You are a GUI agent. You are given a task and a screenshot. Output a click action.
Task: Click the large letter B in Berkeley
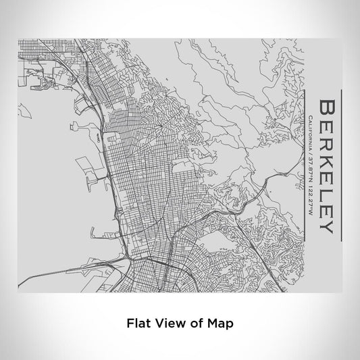point(325,108)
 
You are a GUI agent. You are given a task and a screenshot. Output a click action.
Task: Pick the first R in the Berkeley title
point(325,142)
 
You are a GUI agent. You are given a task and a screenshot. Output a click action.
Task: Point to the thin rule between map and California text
point(301,165)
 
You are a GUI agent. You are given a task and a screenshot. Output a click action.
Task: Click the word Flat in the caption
point(138,324)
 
